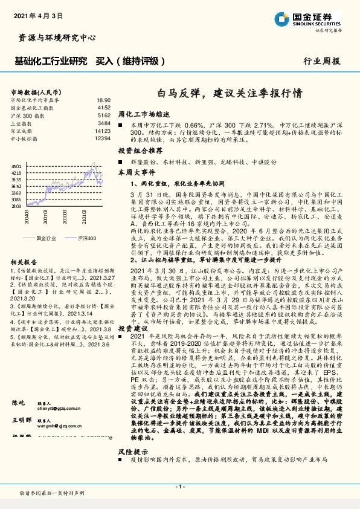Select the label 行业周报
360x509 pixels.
click(x=322, y=61)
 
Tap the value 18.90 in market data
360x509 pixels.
click(x=103, y=99)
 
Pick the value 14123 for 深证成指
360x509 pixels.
click(x=103, y=131)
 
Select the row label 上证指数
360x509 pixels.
click(x=22, y=123)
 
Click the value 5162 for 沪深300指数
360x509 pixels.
click(x=103, y=115)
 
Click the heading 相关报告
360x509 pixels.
click(x=24, y=262)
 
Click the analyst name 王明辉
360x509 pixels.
click(x=21, y=436)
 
